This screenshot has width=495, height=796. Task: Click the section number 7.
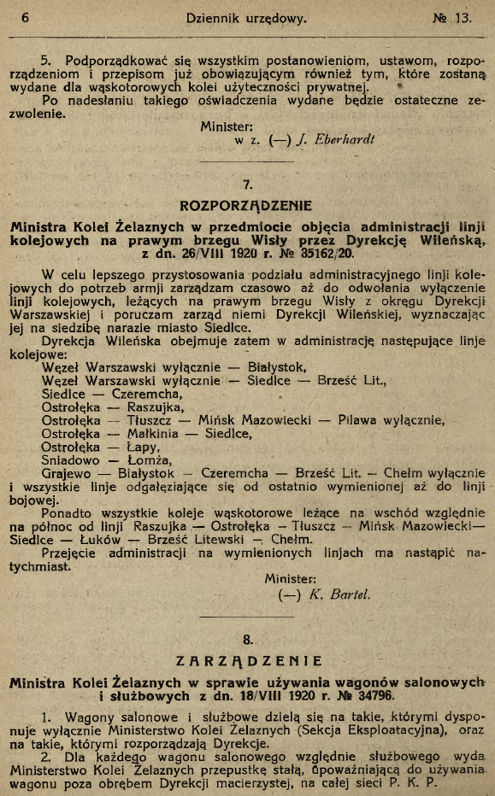pos(247,184)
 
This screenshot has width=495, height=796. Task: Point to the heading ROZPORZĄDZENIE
pos(246,206)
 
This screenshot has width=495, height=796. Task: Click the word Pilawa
pos(361,419)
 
